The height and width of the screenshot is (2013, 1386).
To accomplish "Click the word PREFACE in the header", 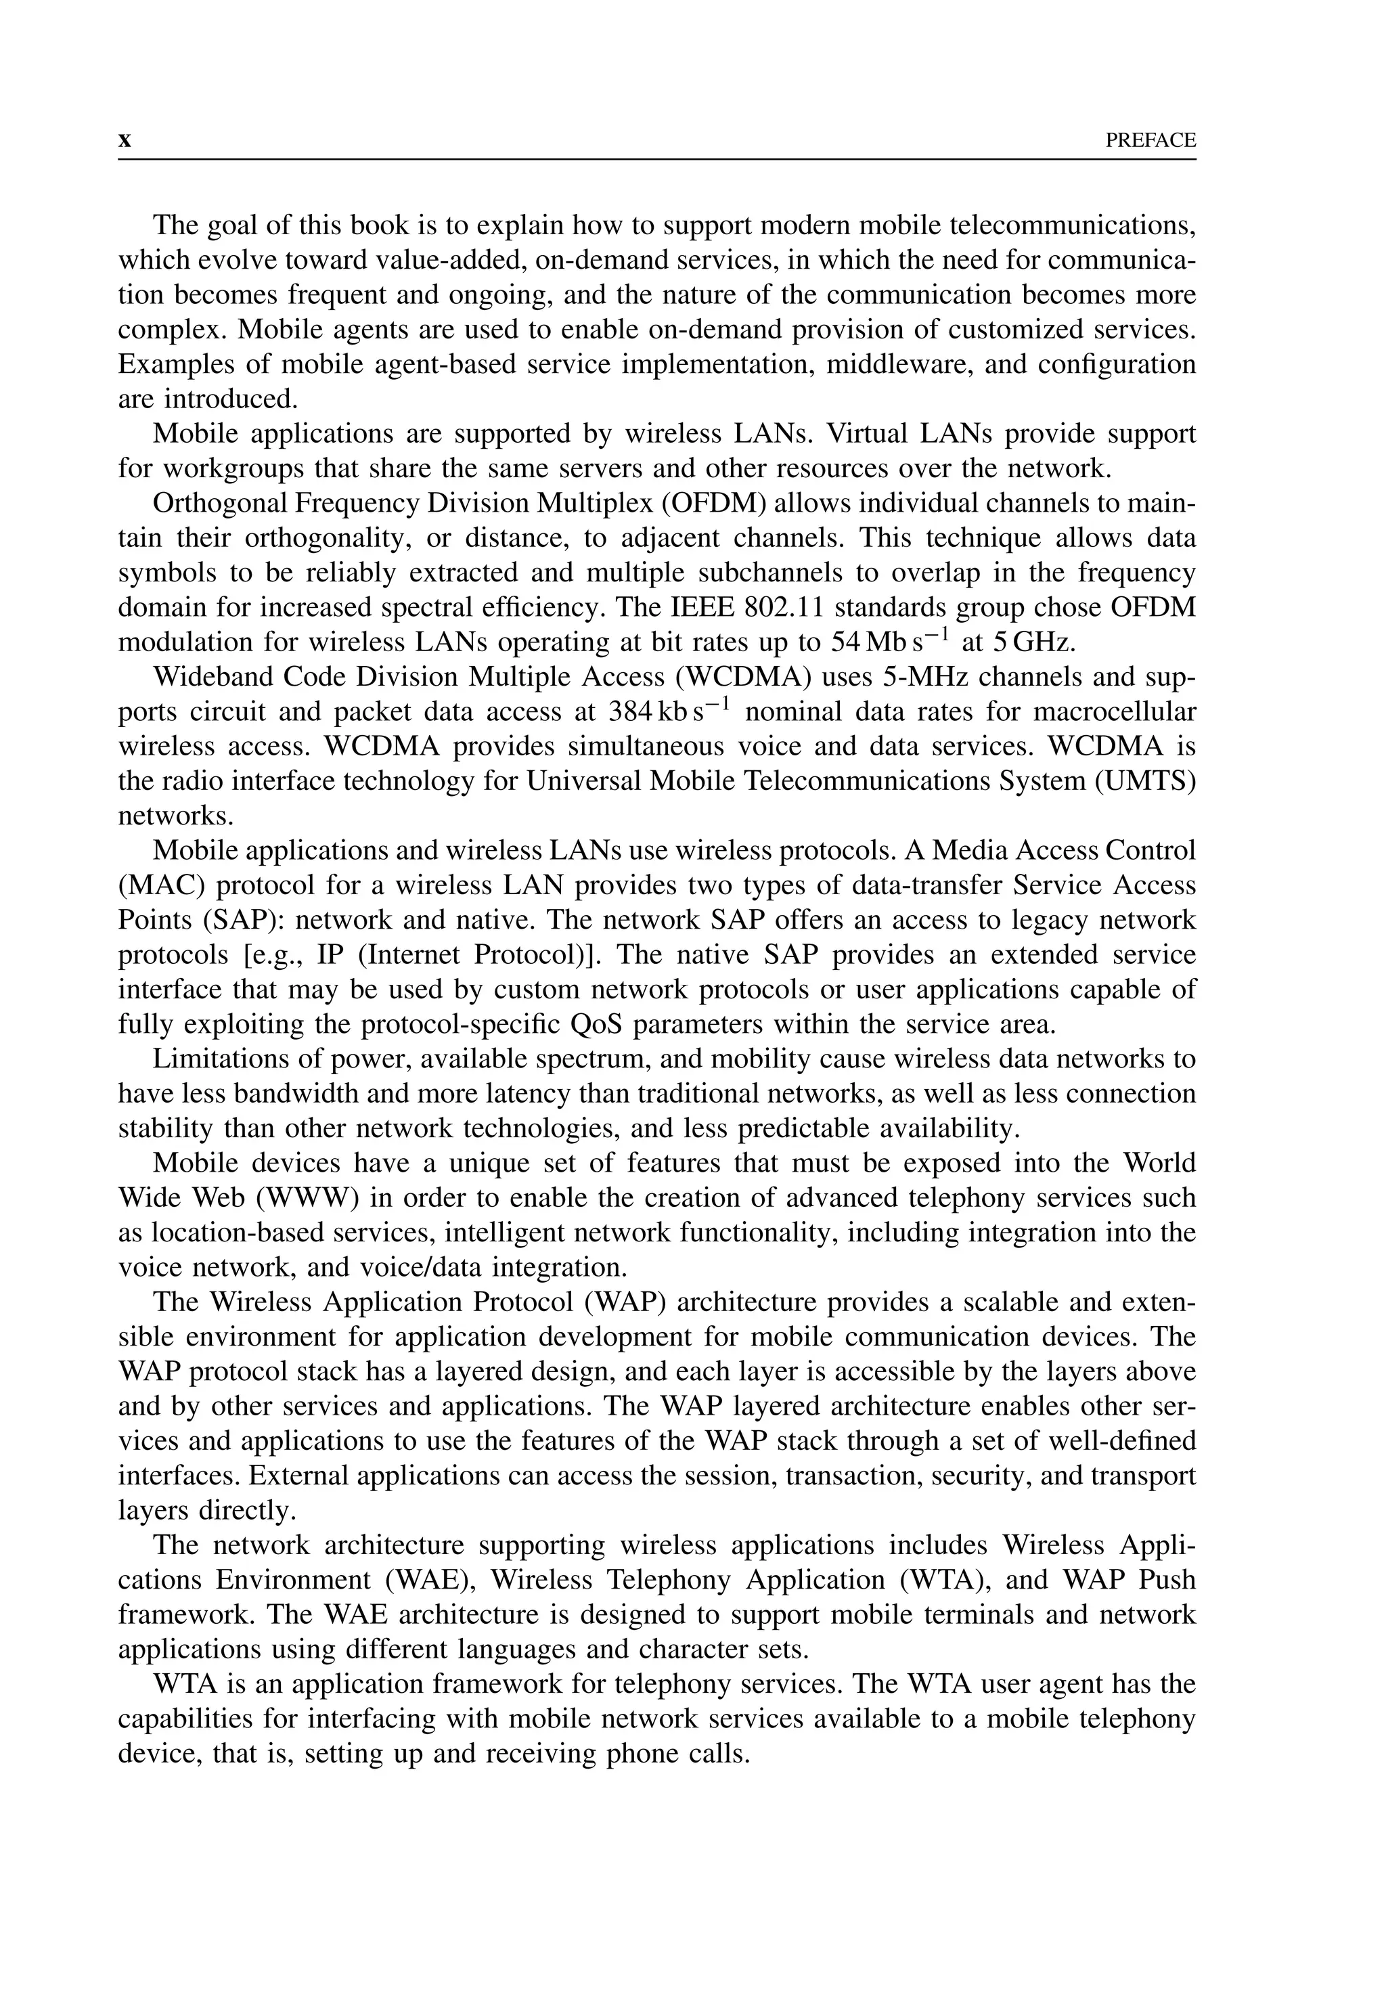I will point(1150,141).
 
